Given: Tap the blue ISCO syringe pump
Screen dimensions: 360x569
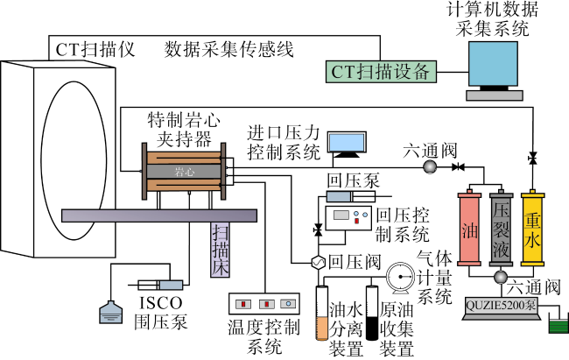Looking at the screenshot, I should pos(159,286).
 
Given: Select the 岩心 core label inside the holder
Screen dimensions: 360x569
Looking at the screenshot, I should pos(184,172).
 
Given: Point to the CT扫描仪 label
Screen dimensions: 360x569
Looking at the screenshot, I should pos(94,49).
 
